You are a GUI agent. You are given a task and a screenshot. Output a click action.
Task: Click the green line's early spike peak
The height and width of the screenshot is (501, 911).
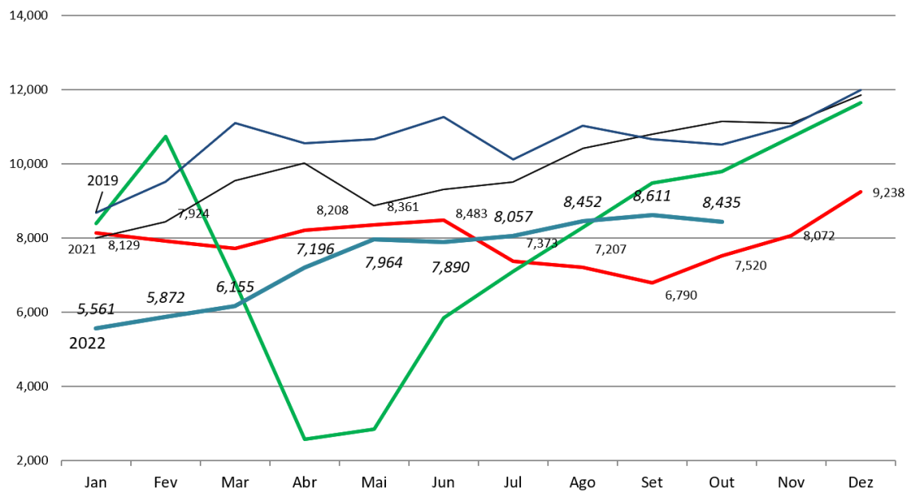click(x=165, y=137)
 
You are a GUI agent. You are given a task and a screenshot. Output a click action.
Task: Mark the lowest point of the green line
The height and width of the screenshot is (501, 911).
click(x=305, y=439)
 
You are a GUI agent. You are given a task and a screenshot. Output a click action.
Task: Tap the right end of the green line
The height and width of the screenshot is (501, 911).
click(x=861, y=102)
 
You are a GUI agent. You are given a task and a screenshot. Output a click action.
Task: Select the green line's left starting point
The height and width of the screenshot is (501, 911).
click(x=96, y=223)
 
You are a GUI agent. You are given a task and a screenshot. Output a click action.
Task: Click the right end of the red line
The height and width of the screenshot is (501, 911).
click(x=861, y=191)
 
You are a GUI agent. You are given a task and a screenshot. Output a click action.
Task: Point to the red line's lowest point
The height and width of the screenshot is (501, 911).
click(x=652, y=283)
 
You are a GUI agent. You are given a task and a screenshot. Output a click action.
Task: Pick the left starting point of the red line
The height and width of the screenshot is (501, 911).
click(x=96, y=233)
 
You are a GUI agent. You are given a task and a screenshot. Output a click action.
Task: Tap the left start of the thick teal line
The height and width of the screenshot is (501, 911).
click(x=96, y=328)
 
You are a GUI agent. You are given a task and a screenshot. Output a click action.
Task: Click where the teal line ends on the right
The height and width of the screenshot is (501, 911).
click(x=722, y=221)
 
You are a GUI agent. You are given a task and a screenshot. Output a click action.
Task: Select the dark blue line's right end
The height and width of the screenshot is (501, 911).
click(x=861, y=89)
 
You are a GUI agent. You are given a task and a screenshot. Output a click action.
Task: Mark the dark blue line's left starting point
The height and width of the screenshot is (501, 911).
click(x=96, y=213)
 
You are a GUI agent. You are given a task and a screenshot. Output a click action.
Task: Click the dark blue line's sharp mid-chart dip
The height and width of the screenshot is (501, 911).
click(x=513, y=160)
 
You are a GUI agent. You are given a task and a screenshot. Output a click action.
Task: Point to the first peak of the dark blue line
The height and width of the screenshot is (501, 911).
click(x=235, y=123)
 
